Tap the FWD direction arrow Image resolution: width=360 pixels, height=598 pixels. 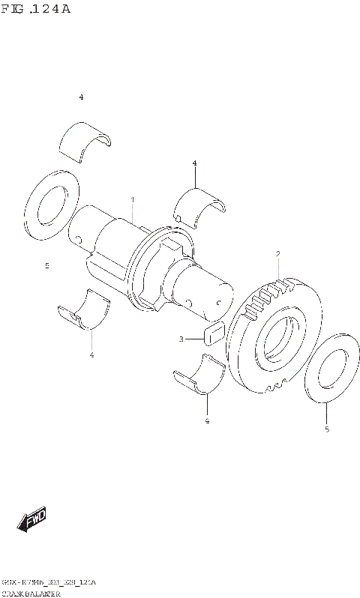(x=32, y=519)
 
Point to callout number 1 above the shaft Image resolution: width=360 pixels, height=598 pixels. (x=132, y=201)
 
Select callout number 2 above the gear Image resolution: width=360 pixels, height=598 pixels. (x=277, y=255)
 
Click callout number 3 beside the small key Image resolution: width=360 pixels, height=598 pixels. (x=181, y=339)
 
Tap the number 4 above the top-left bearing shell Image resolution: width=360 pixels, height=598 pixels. (x=81, y=97)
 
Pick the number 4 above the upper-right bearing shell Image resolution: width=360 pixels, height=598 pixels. (x=194, y=163)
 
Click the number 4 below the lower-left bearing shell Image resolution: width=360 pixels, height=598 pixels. (x=91, y=354)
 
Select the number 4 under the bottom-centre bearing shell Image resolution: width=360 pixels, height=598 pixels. (x=207, y=420)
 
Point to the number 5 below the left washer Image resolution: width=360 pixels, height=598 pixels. (x=46, y=265)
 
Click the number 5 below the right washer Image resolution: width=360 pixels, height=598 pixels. (x=326, y=429)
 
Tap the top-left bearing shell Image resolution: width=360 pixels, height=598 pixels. (x=85, y=142)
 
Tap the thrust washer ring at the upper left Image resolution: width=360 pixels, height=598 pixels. (x=52, y=205)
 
